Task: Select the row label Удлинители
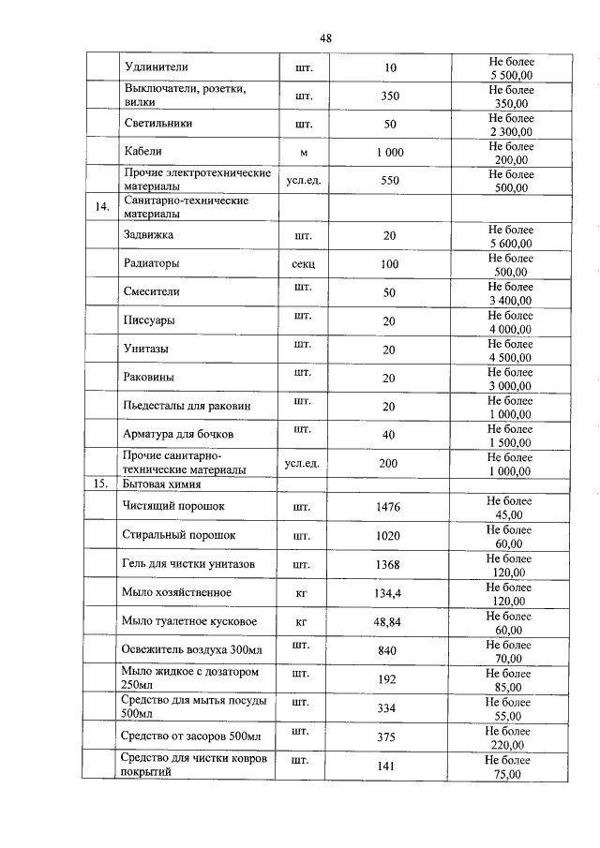pos(157,67)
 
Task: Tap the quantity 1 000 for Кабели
pos(390,153)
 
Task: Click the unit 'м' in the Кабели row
pos(303,153)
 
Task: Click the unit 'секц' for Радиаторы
pos(303,264)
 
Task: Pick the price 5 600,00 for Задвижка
pos(510,244)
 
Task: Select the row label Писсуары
pos(151,321)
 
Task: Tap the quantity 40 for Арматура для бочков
pos(388,436)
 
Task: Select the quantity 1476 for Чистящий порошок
pos(388,507)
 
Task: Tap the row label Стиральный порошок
pos(178,535)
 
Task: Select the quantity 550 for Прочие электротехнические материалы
pos(390,181)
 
